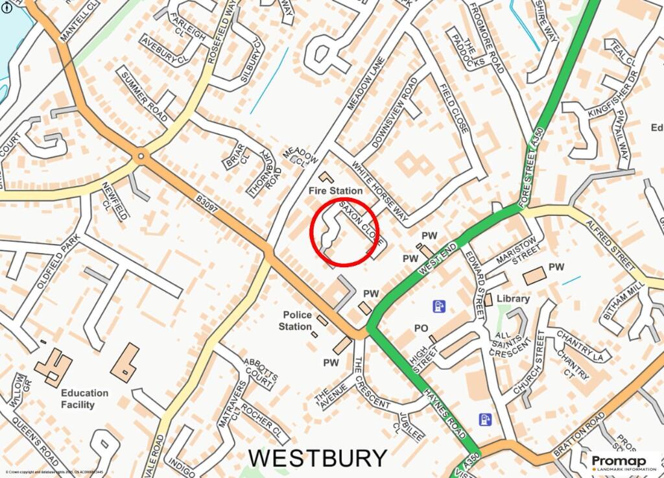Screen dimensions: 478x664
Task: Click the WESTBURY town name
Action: coord(318,458)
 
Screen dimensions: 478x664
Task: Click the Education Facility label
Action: coord(84,399)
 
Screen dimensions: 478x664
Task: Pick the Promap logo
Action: coord(623,462)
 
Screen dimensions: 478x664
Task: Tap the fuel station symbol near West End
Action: coord(439,305)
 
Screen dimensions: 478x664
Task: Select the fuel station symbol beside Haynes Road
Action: coord(484,420)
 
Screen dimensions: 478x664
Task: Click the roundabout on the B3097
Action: coord(141,156)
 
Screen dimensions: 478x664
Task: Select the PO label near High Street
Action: coord(421,329)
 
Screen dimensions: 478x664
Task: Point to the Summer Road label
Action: coord(145,97)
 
